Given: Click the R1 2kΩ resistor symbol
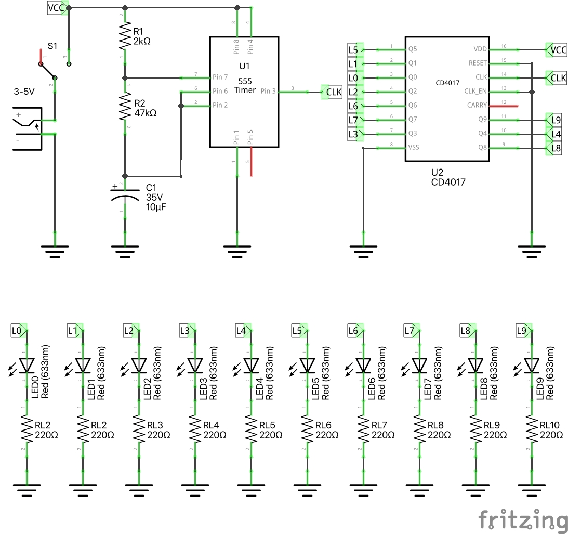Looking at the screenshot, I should tap(125, 36).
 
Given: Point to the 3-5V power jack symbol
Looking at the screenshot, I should tap(29, 128).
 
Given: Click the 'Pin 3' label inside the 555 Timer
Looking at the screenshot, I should tap(269, 91).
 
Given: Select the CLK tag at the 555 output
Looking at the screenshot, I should tap(332, 92).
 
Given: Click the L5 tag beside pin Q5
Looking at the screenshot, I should tap(353, 50).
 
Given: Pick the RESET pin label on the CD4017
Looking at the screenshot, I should tap(477, 63).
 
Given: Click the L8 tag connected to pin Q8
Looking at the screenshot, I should tap(554, 148).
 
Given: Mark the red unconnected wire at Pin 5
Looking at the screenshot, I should tap(252, 162).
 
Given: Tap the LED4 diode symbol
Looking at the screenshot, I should tap(252, 365).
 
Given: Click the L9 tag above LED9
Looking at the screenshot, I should tap(523, 330).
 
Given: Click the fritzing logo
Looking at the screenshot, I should tap(523, 520).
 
